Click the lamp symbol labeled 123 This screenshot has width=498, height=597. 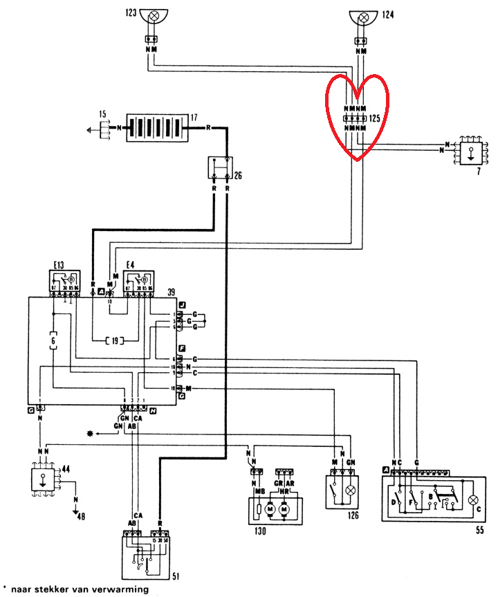tap(151, 15)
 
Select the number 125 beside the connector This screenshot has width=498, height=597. tap(375, 119)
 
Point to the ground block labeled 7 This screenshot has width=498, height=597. tap(471, 151)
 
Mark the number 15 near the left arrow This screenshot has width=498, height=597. tap(102, 113)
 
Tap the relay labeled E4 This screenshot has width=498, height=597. tap(138, 282)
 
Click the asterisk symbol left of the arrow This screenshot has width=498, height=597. tap(89, 433)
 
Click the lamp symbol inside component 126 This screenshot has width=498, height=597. tap(350, 489)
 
